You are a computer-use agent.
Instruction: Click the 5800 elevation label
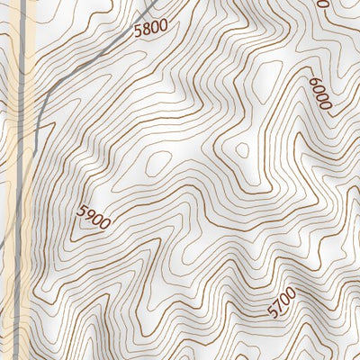[149, 28]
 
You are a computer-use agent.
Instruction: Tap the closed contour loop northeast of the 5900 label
[158, 162]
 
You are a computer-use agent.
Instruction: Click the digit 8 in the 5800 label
[145, 29]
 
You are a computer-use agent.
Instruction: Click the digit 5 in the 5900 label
[81, 211]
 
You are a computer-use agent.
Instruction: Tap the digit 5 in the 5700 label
[273, 312]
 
